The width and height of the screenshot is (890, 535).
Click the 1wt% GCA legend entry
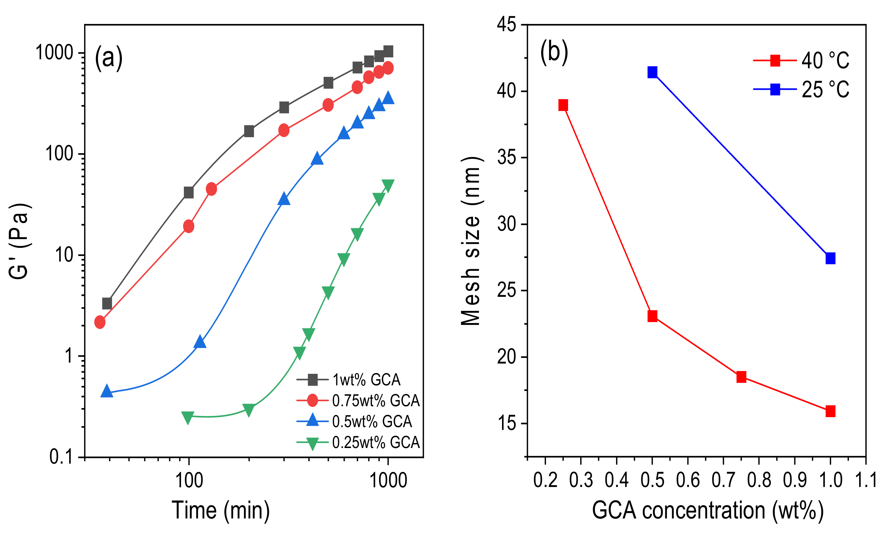click(348, 380)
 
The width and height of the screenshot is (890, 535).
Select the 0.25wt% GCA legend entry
click(358, 442)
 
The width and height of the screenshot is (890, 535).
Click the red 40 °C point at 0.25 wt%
click(563, 105)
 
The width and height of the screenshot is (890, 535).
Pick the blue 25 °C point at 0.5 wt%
click(652, 72)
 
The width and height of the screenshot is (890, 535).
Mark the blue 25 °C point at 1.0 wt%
click(830, 258)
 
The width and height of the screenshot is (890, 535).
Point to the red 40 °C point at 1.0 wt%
click(830, 411)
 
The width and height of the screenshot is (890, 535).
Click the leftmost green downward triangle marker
click(188, 417)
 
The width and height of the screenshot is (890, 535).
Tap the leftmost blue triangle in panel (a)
click(107, 391)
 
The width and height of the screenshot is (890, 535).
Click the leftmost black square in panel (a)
click(107, 304)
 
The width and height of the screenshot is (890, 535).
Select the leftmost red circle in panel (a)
click(100, 322)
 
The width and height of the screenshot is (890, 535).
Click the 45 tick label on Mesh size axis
click(507, 25)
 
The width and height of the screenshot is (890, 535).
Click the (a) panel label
click(109, 58)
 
